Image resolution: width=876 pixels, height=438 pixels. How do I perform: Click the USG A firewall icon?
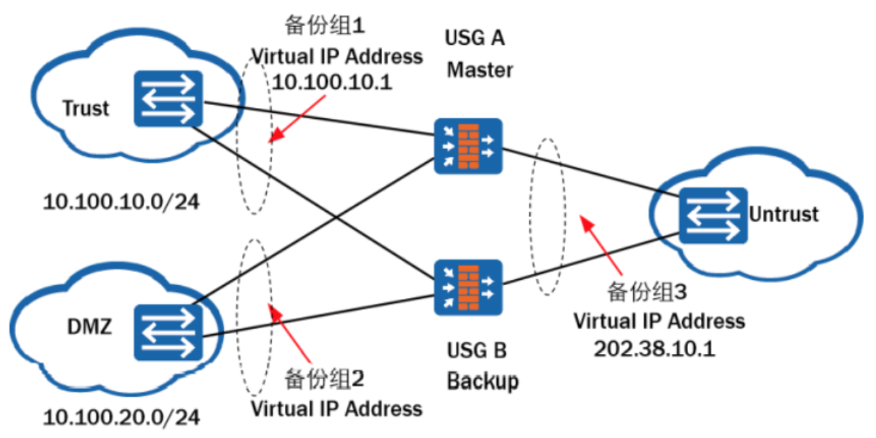pyautogui.click(x=468, y=146)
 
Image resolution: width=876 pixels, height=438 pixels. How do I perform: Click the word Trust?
pyautogui.click(x=86, y=108)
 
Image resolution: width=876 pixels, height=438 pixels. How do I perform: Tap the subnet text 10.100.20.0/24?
pyautogui.click(x=121, y=417)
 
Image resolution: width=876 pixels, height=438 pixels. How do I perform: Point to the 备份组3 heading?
pyautogui.click(x=647, y=292)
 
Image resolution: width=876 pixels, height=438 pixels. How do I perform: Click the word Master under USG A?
pyautogui.click(x=480, y=69)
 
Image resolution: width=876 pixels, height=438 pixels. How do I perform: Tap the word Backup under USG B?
pyautogui.click(x=482, y=381)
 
